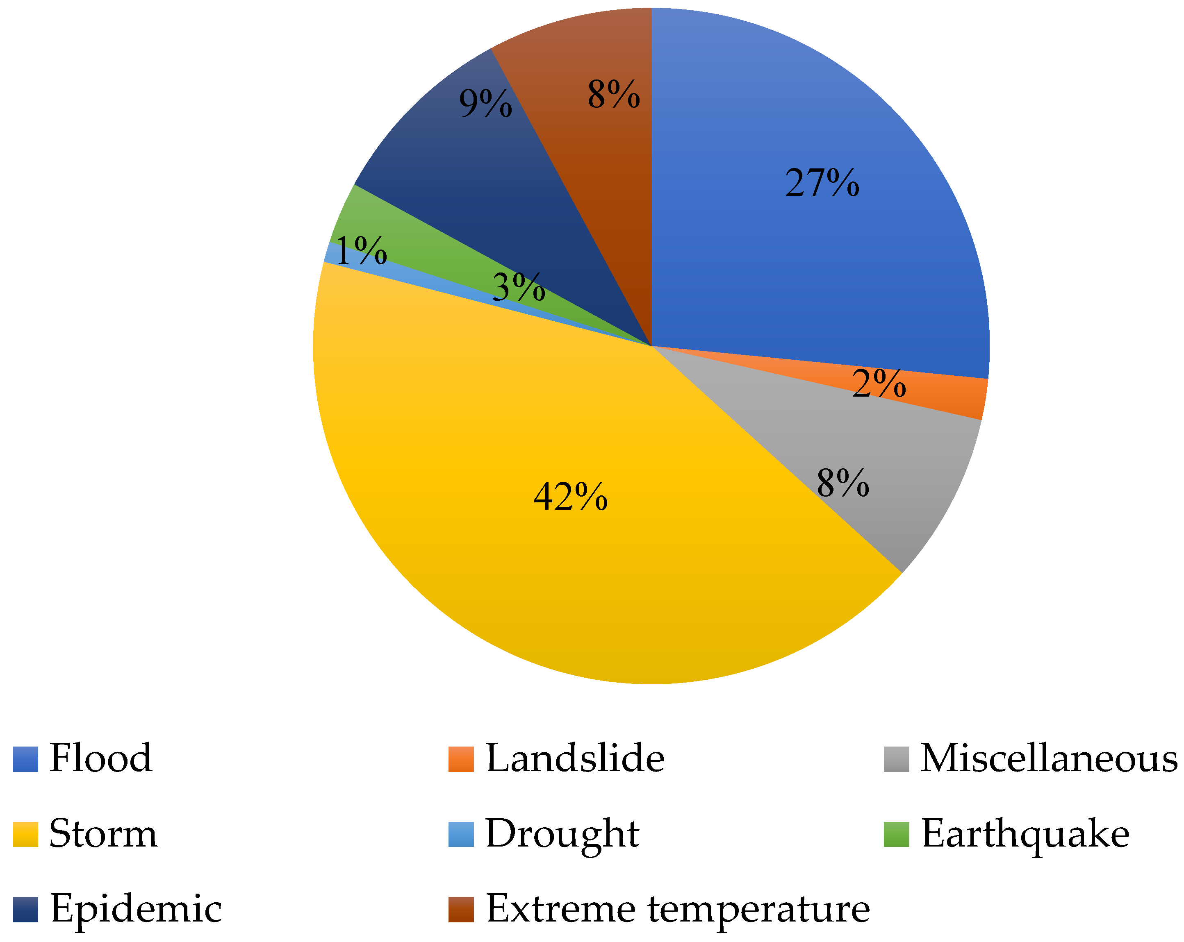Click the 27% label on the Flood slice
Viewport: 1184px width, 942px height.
point(822,183)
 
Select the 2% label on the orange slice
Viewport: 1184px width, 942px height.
point(879,383)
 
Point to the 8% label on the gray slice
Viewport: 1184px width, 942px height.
point(843,483)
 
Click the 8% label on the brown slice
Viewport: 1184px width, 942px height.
point(613,94)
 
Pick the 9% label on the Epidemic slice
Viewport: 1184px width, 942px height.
point(485,103)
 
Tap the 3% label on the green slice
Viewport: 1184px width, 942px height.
point(519,287)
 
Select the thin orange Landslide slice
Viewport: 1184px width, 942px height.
point(956,396)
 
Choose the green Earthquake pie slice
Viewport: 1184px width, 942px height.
point(385,231)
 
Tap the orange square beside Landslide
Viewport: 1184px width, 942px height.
point(461,759)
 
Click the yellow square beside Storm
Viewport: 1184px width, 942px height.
point(25,834)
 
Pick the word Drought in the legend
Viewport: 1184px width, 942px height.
point(562,834)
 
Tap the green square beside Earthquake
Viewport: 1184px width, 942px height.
point(896,834)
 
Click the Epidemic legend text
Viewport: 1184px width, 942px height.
point(136,910)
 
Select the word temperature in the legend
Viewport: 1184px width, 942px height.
point(758,910)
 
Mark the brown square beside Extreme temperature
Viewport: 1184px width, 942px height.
point(461,910)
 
